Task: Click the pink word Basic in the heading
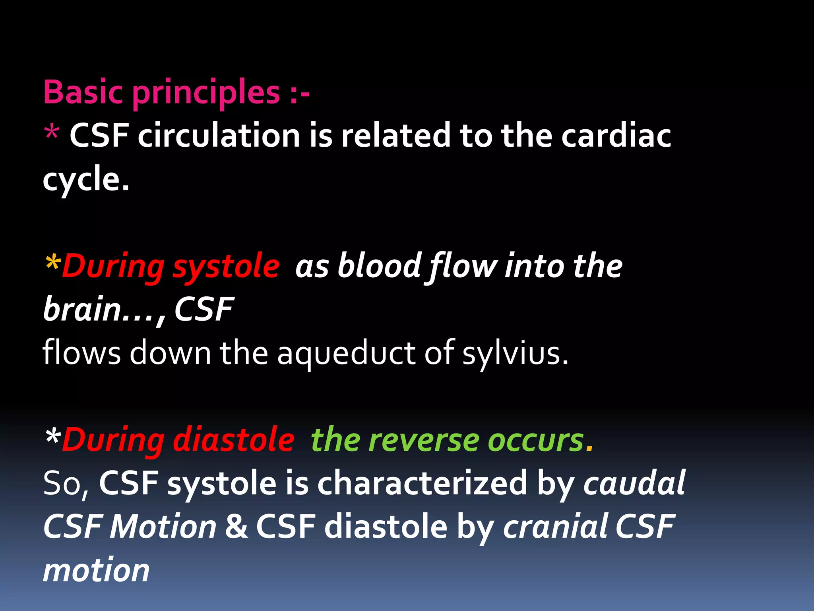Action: tap(83, 92)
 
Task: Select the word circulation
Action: tap(219, 135)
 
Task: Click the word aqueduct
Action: tap(346, 353)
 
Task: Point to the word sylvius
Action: tap(515, 353)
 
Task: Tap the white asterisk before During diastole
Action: tap(53, 438)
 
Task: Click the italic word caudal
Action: tap(634, 483)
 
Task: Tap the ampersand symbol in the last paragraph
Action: tap(236, 526)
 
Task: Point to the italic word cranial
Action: tap(555, 526)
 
